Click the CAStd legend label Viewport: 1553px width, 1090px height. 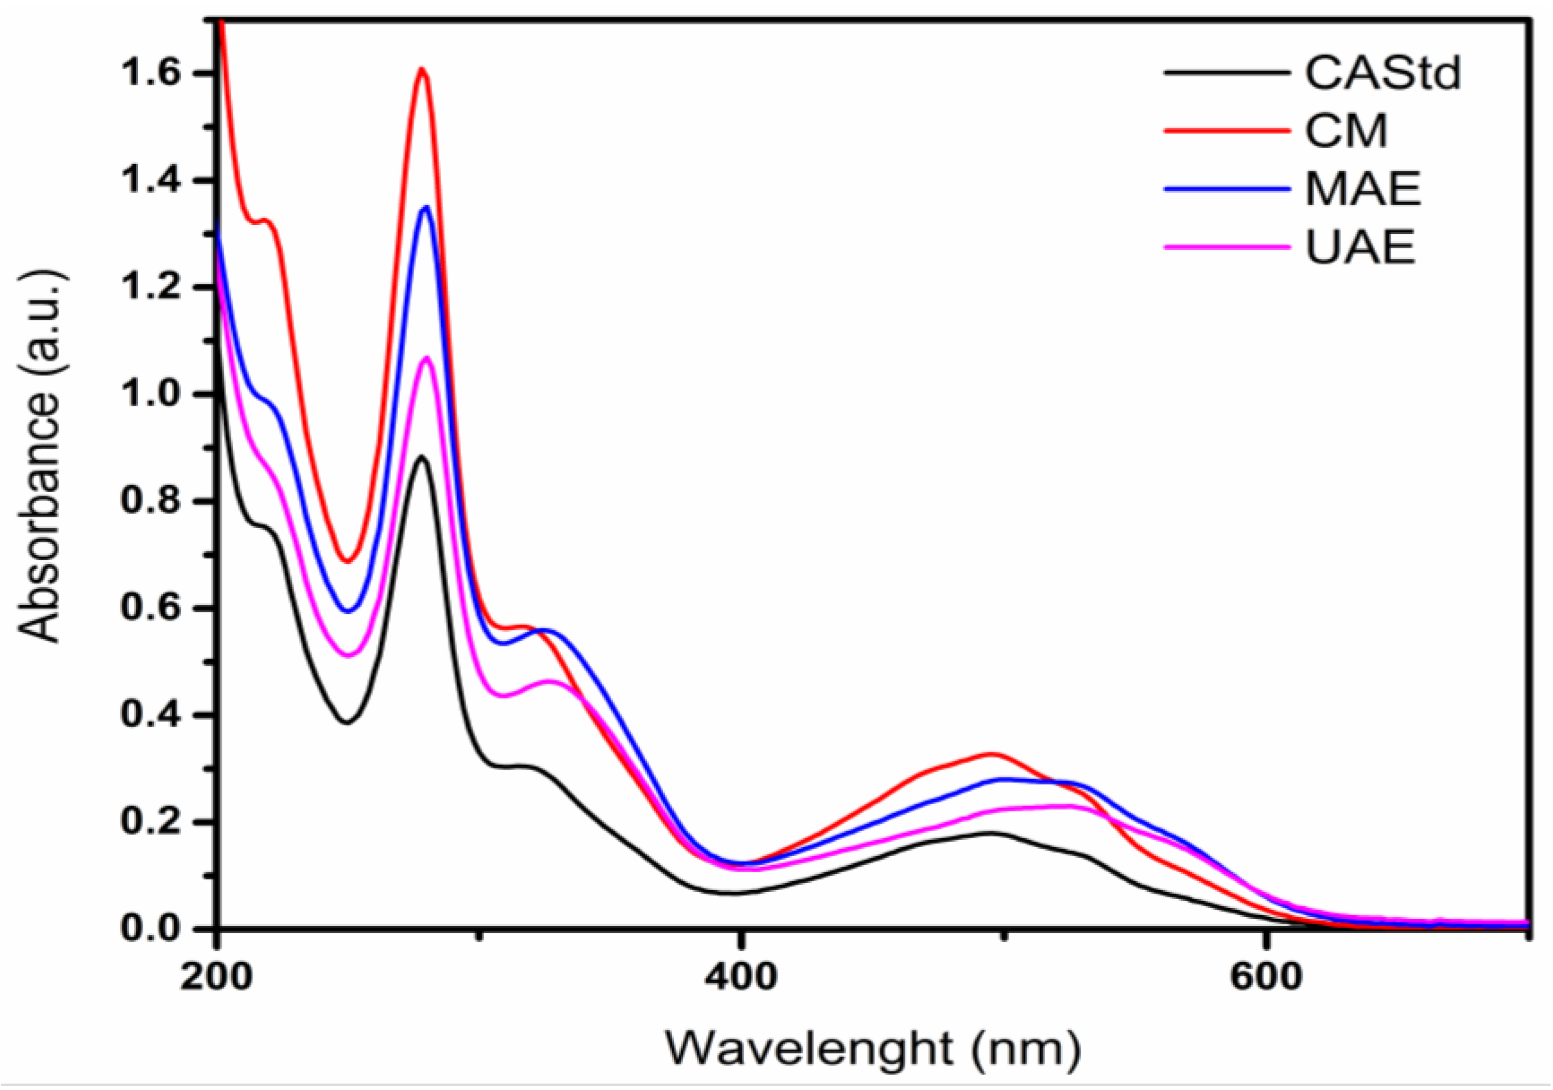tap(1382, 73)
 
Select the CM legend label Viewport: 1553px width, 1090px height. tap(1346, 131)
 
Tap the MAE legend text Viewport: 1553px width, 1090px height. tap(1362, 189)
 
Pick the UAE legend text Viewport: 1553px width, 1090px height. tap(1360, 248)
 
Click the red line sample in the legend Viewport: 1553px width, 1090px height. tap(1225, 131)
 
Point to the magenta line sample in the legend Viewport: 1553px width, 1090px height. tap(1225, 248)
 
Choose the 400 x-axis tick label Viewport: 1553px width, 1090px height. tap(742, 978)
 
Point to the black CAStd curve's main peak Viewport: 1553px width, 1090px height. tap(421, 456)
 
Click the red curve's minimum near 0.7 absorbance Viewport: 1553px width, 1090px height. tap(347, 561)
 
